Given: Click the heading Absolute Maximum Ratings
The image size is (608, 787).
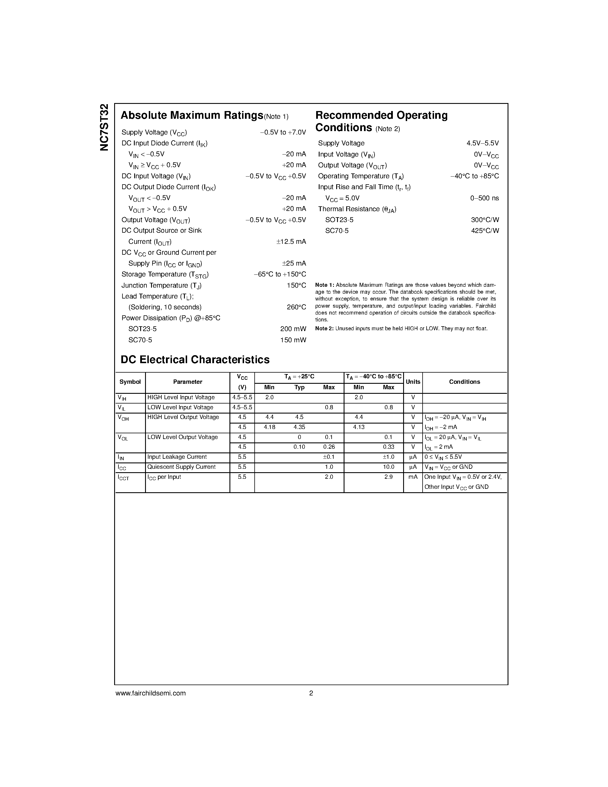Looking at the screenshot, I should pyautogui.click(x=192, y=115).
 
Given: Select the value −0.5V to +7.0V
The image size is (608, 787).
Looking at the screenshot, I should pyautogui.click(x=283, y=133).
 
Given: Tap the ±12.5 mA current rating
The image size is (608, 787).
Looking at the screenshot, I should pyautogui.click(x=291, y=242).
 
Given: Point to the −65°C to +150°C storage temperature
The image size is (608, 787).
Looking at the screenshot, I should pyautogui.click(x=280, y=274).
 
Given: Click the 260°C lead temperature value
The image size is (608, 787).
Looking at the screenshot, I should pyautogui.click(x=296, y=307).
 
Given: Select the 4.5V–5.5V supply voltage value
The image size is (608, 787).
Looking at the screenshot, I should pyautogui.click(x=482, y=143).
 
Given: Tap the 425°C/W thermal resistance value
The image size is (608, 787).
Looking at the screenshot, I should pyautogui.click(x=485, y=231).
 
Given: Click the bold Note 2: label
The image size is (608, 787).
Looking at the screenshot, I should pyautogui.click(x=324, y=329).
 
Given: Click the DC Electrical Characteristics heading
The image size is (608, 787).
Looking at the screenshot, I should pyautogui.click(x=195, y=360).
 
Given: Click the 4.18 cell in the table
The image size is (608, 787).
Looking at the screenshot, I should pyautogui.click(x=270, y=427).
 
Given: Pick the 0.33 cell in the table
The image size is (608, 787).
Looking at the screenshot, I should pyautogui.click(x=388, y=447).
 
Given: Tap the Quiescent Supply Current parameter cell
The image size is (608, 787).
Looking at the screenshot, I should pyautogui.click(x=181, y=467).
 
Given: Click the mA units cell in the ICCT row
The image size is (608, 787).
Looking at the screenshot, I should pyautogui.click(x=413, y=477).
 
